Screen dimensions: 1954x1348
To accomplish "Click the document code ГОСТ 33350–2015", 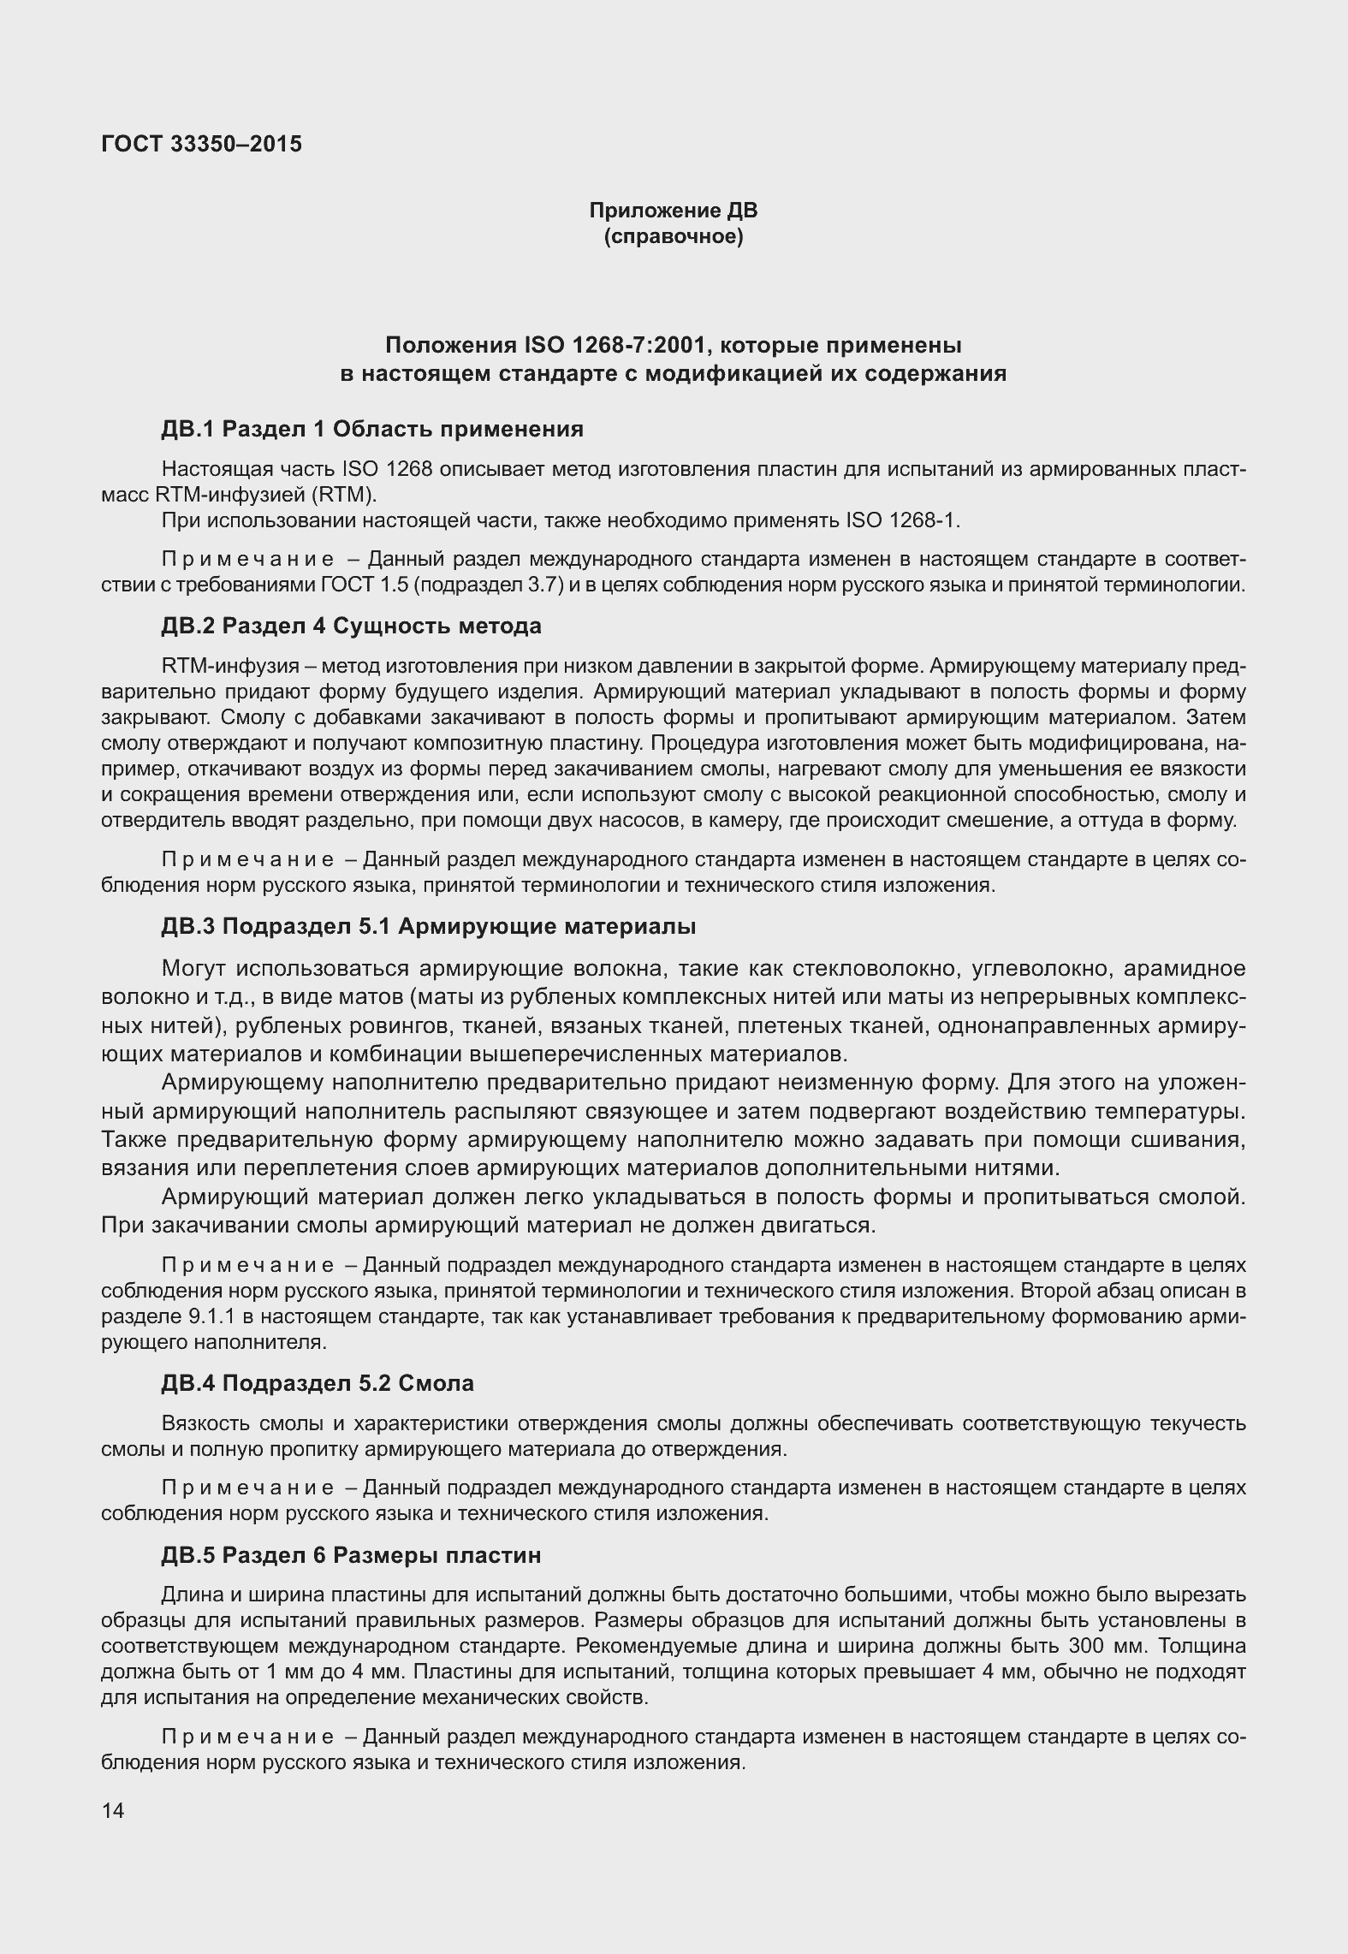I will click(201, 144).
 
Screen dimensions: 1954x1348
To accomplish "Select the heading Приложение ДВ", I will click(673, 211).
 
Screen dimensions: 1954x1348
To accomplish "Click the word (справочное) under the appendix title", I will click(673, 236).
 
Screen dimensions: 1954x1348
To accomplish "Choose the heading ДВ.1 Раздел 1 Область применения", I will click(372, 429).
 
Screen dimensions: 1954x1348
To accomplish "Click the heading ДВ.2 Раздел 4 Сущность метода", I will click(351, 626).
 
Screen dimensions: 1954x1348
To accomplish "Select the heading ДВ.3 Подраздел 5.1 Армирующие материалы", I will click(428, 926).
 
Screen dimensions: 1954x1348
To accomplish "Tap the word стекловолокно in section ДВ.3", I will click(873, 969).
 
